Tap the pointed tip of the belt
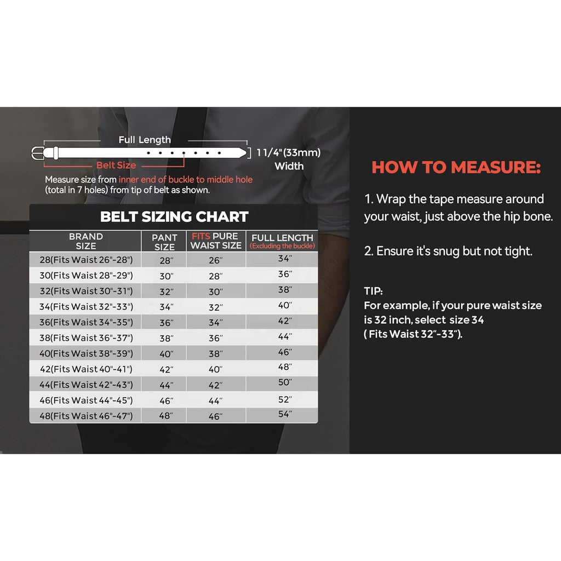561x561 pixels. (247, 153)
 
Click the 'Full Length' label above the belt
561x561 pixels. (145, 140)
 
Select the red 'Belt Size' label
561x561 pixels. (116, 165)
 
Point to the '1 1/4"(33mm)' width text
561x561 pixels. (289, 152)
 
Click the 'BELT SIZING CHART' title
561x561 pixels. (174, 216)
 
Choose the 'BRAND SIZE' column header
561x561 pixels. (86, 241)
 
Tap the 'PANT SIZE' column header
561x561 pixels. (164, 242)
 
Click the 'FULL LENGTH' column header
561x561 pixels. (282, 238)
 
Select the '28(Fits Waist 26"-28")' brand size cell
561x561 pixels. (86, 260)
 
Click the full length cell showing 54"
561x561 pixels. (285, 414)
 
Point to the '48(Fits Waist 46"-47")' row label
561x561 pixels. (86, 416)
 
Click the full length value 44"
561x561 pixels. (285, 336)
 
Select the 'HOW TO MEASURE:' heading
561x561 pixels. (456, 168)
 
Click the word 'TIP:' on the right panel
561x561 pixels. (373, 291)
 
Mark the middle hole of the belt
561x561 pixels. (184, 153)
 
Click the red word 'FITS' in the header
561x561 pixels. (201, 236)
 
